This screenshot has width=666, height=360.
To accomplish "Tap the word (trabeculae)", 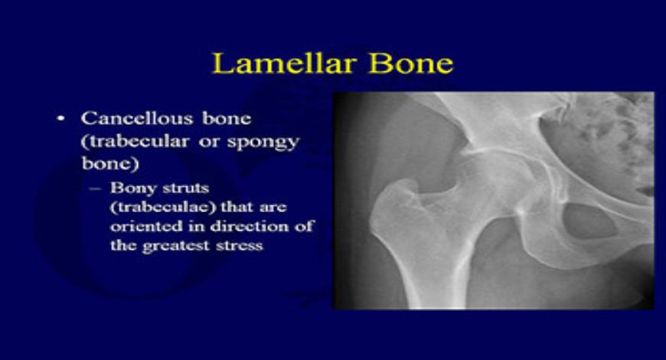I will point(154,207).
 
